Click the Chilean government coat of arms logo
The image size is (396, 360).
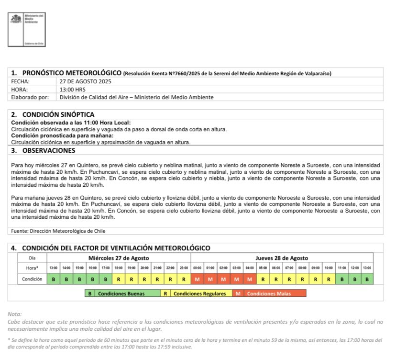17,20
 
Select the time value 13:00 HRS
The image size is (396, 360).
73,89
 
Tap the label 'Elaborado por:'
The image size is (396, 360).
30,97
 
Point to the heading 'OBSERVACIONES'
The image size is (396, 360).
48,150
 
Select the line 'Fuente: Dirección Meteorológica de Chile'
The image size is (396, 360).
58,231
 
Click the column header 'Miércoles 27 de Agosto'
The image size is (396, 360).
119,258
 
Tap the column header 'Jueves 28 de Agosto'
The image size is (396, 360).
282,258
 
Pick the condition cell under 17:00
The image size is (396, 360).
106,279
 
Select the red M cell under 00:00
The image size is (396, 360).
197,279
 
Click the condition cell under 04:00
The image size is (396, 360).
250,279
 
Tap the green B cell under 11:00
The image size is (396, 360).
341,279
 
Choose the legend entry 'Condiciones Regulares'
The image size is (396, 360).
199,293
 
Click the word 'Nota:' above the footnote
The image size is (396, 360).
15,314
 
